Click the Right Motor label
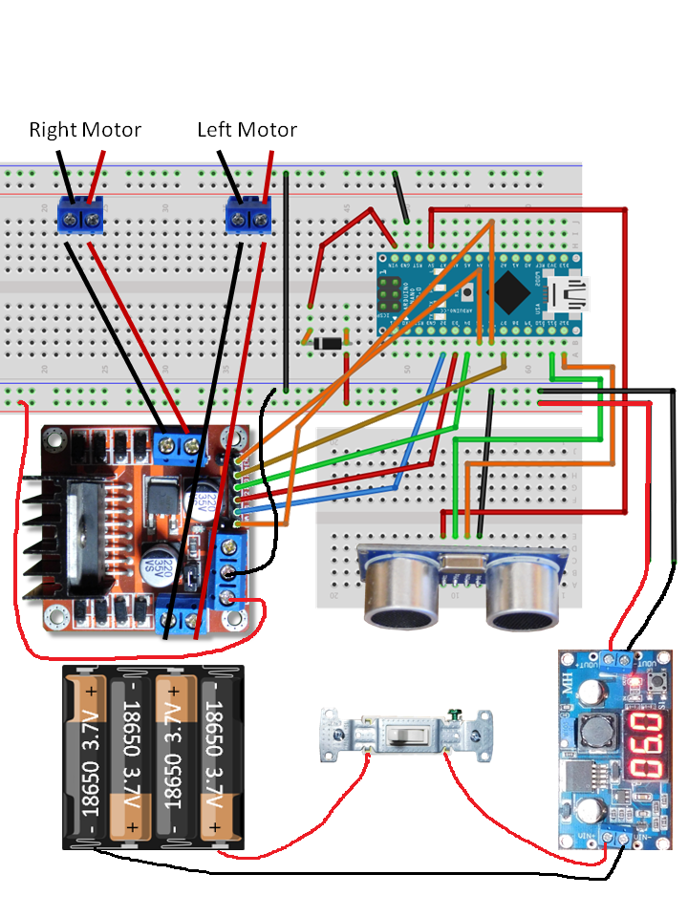point(85,130)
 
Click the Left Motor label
point(247,130)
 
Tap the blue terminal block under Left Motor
point(249,216)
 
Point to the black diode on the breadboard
point(325,340)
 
